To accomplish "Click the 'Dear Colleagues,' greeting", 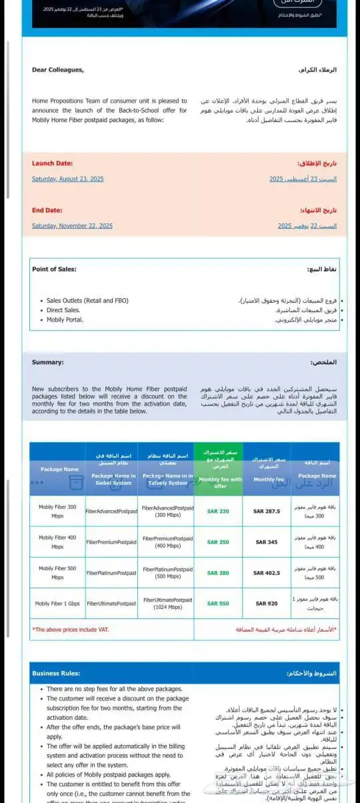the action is [58, 70].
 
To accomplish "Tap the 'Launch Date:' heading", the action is [52, 163].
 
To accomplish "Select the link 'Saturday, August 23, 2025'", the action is [67, 179].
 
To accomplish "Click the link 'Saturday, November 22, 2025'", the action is [72, 225].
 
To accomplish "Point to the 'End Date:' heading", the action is [47, 210].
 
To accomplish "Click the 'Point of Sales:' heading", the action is [54, 269].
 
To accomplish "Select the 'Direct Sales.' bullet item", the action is [63, 310].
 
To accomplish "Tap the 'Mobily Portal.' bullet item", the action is [65, 319].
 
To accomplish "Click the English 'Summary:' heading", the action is [48, 363].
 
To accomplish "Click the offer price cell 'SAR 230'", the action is [218, 512].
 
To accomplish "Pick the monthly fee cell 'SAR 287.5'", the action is [267, 512].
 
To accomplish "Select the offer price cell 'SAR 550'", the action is [218, 604].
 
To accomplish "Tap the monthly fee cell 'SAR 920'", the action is [267, 604].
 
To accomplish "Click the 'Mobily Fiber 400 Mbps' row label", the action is [57, 542].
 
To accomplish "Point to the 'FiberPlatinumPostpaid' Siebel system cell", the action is [111, 573].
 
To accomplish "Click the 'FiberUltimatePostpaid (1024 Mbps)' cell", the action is [168, 604].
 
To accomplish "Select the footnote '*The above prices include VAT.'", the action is [71, 630].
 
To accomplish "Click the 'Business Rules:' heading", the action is [56, 674].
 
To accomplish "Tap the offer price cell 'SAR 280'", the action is [218, 573].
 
